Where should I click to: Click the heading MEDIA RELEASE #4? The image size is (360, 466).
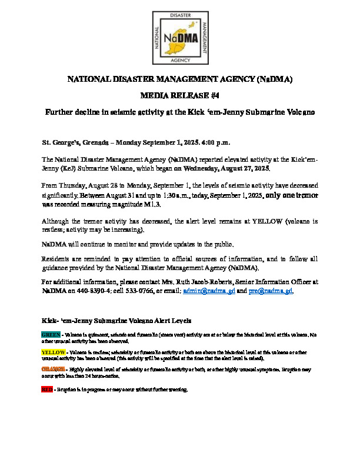pyautogui.click(x=179, y=95)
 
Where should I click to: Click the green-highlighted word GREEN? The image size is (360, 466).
pyautogui.click(x=50, y=334)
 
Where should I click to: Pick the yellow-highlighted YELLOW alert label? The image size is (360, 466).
pyautogui.click(x=52, y=351)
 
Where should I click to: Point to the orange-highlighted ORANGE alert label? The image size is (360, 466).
pyautogui.click(x=52, y=369)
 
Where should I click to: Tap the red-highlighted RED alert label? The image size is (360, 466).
pyautogui.click(x=46, y=390)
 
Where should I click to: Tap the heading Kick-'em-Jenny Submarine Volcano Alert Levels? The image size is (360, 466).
pyautogui.click(x=120, y=321)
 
